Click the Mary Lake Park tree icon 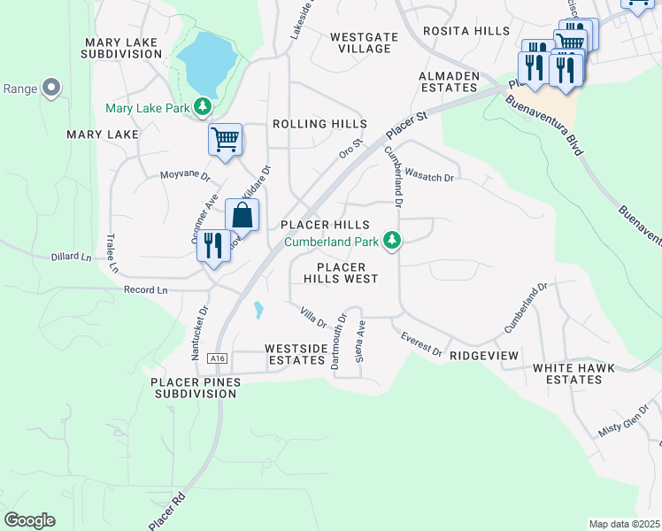[x=204, y=108]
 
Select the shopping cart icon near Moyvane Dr [x=226, y=139]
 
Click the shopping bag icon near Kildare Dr [x=242, y=215]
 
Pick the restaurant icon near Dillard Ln [x=212, y=245]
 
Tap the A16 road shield [x=218, y=358]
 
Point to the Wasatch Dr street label [x=429, y=178]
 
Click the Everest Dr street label [x=421, y=345]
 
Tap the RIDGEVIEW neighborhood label [x=483, y=354]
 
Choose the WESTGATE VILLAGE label [x=360, y=42]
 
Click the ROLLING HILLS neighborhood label [x=319, y=124]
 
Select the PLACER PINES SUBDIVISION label [x=194, y=387]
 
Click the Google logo [x=29, y=520]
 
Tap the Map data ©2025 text [x=624, y=524]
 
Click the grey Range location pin [x=50, y=88]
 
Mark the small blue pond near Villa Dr [x=258, y=310]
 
